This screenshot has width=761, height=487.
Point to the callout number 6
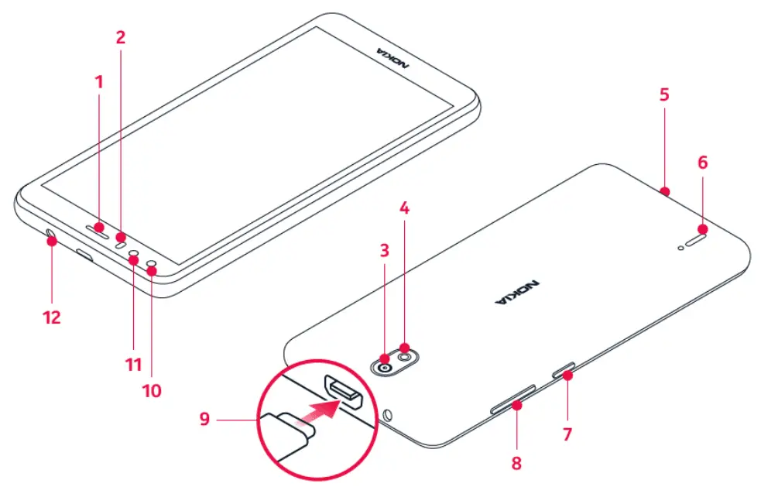pyautogui.click(x=702, y=163)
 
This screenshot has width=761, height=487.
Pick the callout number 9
pyautogui.click(x=204, y=419)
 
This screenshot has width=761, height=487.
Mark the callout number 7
pyautogui.click(x=567, y=434)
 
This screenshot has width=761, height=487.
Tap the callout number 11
pyautogui.click(x=134, y=364)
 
